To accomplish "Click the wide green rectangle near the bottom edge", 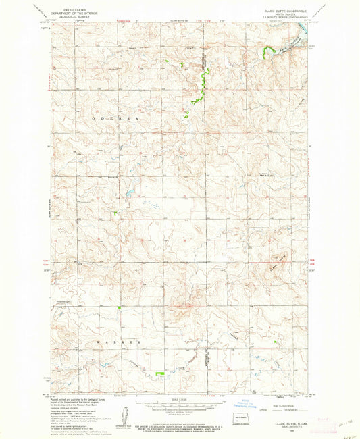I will [x=160, y=373].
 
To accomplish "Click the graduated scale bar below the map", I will [x=180, y=407].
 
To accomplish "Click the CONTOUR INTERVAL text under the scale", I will [x=180, y=412].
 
